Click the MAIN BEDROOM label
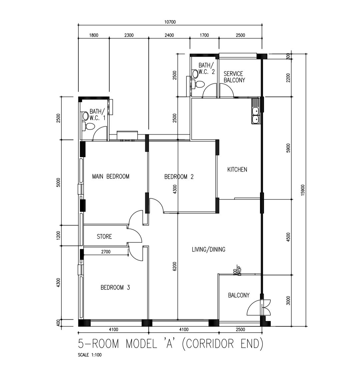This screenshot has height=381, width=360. [x=110, y=177]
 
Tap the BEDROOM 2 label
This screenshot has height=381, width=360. [x=179, y=177]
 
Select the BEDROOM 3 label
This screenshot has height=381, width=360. [x=115, y=287]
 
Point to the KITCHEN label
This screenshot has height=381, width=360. [x=237, y=170]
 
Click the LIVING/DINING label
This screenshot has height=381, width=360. [x=208, y=249]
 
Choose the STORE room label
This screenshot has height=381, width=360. [x=104, y=237]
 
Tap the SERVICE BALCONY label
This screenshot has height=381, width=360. [x=234, y=77]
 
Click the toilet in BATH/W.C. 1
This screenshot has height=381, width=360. [x=89, y=126]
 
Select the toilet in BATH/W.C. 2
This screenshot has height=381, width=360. [x=199, y=84]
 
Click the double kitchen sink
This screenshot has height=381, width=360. [x=255, y=115]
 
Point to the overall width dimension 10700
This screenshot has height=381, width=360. [x=170, y=22]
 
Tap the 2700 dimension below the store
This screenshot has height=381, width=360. [x=106, y=252]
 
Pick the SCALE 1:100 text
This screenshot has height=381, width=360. [x=90, y=355]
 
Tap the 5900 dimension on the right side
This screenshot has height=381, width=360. [x=288, y=148]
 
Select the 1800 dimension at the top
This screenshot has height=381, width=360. [x=94, y=35]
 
